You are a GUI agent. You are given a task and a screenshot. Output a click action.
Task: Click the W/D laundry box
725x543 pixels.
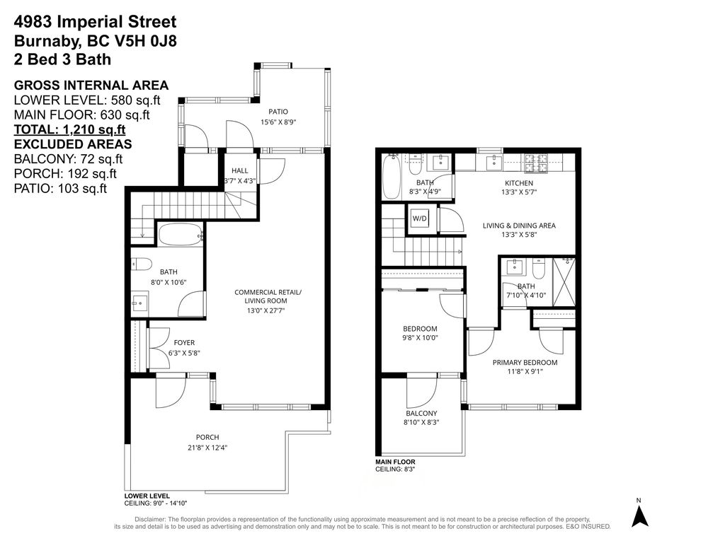[x=419, y=218]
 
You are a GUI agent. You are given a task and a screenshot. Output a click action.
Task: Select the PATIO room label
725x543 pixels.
[x=278, y=112]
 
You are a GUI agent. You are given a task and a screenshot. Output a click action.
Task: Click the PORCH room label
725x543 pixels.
[x=207, y=437]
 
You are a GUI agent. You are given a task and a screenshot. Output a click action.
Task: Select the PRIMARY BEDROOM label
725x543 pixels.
[x=525, y=363]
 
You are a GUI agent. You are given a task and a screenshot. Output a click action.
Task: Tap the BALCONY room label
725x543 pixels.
[x=421, y=414]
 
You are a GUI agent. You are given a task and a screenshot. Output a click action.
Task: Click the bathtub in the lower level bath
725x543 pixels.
[x=181, y=235]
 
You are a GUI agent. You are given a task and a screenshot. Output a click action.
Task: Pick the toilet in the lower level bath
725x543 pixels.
[x=142, y=264]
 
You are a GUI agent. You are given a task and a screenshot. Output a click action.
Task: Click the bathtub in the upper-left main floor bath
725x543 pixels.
[x=392, y=177]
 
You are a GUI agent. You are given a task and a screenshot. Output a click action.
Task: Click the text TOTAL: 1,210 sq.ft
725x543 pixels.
[x=69, y=129]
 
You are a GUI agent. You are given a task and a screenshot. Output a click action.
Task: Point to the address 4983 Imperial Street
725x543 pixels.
[x=96, y=23]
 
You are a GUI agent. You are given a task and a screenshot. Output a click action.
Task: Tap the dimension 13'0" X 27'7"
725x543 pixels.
[x=268, y=310]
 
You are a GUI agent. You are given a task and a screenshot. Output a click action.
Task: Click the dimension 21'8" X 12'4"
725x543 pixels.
[x=207, y=447]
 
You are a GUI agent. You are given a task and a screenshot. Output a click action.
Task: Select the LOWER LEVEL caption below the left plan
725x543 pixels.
[x=147, y=496]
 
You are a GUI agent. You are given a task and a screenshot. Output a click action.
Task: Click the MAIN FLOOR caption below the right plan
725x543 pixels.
[x=396, y=462]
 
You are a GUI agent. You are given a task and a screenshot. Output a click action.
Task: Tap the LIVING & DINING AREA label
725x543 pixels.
[x=519, y=226]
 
